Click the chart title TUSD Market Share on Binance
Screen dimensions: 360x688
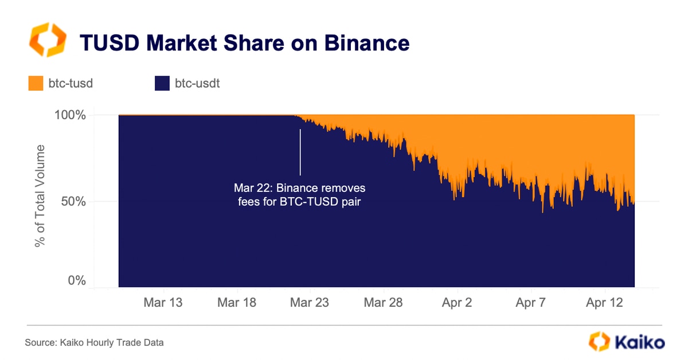tap(244, 43)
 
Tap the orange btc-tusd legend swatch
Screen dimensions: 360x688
tap(36, 84)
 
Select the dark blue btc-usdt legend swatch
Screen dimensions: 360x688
tap(162, 84)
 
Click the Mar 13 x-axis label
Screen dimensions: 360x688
tap(164, 303)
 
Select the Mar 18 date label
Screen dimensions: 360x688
tap(237, 303)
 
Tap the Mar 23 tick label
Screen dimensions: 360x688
tap(310, 303)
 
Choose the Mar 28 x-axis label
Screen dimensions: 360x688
tap(384, 303)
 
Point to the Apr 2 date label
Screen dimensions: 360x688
tap(457, 303)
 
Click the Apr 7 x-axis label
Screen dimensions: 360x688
tap(530, 303)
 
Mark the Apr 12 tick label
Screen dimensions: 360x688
tap(604, 303)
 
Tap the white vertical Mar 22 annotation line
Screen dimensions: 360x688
tap(300, 152)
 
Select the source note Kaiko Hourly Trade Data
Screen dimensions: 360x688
tap(94, 343)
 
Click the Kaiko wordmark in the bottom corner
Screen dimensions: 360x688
tap(639, 343)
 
